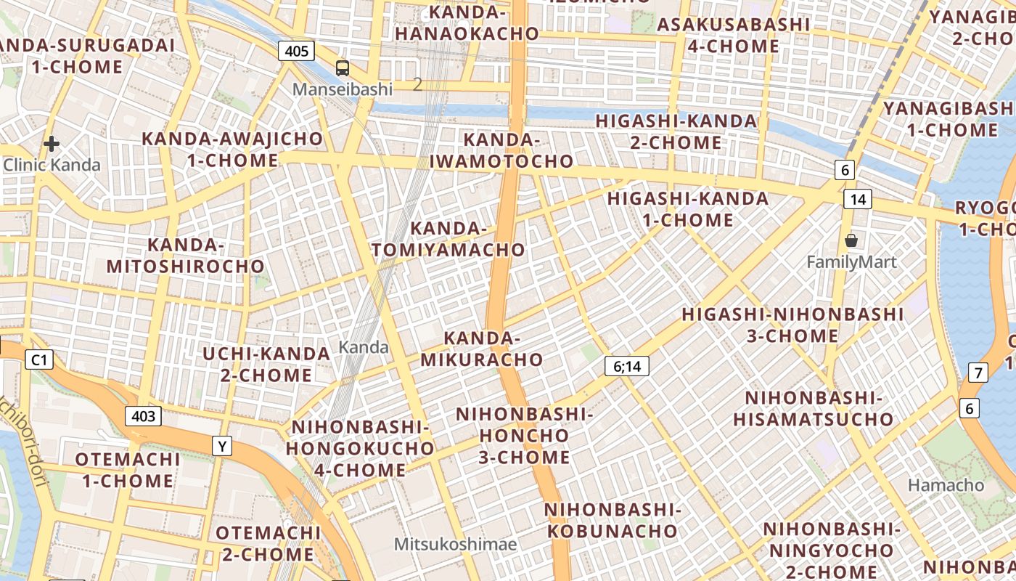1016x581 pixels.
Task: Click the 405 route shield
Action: point(296,51)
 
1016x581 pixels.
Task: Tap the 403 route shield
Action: point(143,416)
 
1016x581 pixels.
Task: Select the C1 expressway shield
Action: point(39,359)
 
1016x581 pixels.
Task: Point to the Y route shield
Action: point(222,446)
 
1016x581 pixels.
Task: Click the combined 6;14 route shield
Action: point(627,366)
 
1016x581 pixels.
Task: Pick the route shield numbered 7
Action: point(978,373)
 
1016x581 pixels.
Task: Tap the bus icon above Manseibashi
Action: point(343,68)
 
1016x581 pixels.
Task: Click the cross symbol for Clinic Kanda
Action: point(51,144)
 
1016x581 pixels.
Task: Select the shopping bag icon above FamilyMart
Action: point(851,240)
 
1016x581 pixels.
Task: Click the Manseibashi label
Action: point(343,89)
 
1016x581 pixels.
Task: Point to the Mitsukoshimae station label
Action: point(455,544)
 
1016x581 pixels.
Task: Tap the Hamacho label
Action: point(946,484)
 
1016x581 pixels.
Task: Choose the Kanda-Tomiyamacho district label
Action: point(448,239)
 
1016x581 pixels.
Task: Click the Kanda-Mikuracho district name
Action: point(482,349)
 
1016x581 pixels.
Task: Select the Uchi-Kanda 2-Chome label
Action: point(266,365)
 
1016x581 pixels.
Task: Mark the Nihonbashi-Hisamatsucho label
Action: point(813,408)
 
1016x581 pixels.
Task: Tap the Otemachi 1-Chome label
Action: point(128,470)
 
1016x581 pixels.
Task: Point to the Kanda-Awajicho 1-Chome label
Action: point(232,149)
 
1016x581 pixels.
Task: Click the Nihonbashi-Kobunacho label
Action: point(613,520)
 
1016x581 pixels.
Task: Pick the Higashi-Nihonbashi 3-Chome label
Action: point(792,325)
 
